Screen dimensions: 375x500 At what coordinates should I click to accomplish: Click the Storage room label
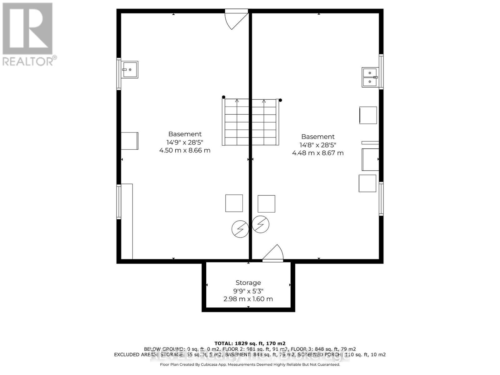248,282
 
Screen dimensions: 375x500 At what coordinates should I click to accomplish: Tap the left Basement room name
185,134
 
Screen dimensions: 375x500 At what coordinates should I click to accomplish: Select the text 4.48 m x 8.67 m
318,153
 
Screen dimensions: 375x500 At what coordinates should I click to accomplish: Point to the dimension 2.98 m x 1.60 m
248,299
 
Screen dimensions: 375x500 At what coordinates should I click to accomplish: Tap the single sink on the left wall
129,69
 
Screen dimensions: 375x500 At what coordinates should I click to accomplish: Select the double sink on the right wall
370,77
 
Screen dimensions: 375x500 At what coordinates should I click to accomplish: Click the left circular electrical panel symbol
240,229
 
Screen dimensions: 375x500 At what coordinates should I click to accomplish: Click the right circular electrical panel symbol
261,224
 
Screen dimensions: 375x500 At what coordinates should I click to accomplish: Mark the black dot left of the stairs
223,97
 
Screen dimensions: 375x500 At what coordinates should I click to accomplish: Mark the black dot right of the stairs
280,100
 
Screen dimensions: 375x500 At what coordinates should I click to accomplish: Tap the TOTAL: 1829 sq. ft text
250,343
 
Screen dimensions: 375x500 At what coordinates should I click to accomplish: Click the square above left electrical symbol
234,203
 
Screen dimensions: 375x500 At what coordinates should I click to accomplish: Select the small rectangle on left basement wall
130,141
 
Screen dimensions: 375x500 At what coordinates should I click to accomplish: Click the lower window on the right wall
381,199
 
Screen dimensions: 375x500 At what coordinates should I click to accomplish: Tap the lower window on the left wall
119,202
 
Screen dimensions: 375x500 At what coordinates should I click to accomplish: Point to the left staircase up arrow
237,101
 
